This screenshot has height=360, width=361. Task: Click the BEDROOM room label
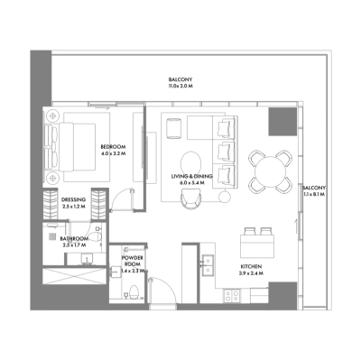click(x=112, y=146)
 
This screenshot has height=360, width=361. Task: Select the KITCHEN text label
click(x=252, y=266)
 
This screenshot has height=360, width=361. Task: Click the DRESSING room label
click(x=74, y=201)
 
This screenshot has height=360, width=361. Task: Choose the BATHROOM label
click(x=75, y=239)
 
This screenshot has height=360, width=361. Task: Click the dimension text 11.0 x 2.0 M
click(x=180, y=86)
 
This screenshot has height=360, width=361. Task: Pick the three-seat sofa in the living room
click(x=224, y=148)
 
